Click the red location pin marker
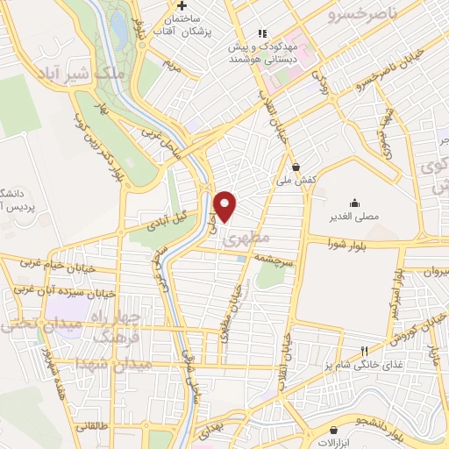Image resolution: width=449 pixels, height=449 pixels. pyautogui.click(x=225, y=207)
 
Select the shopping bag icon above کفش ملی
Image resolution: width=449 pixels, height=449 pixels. pyautogui.click(x=296, y=166)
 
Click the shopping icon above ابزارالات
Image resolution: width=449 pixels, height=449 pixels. pyautogui.click(x=334, y=430)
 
